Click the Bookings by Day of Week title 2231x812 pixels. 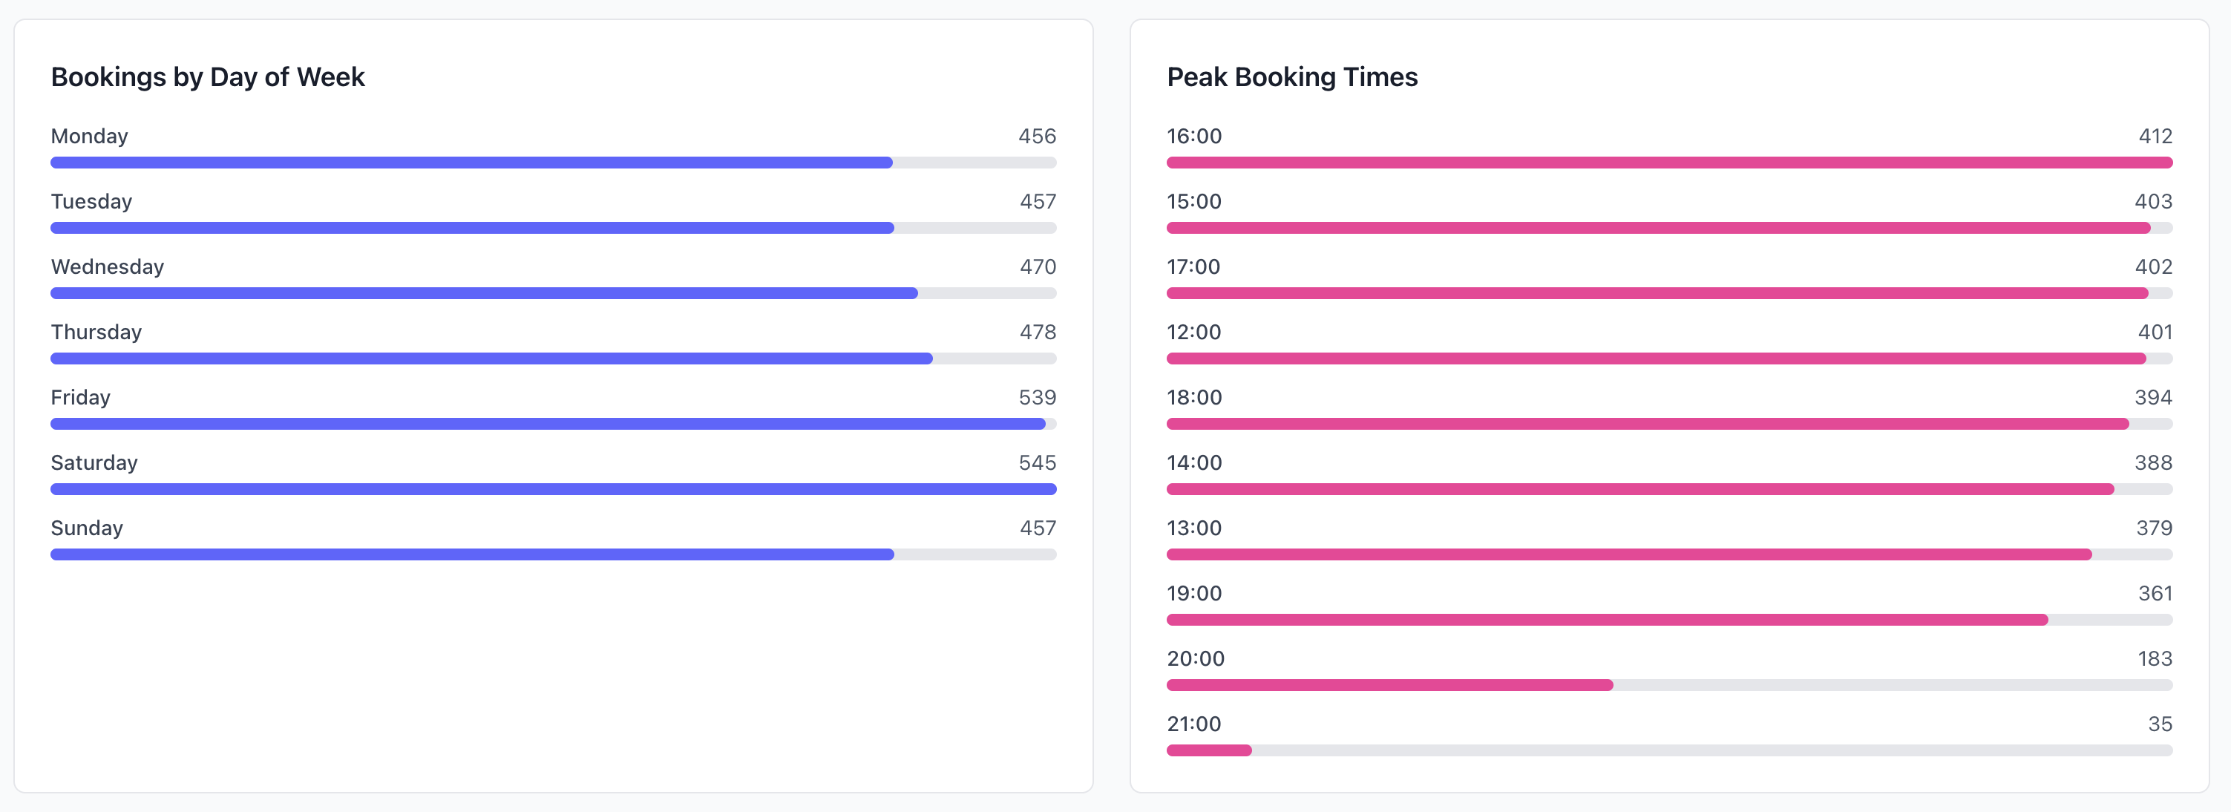point(208,77)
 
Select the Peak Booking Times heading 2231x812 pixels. point(1291,77)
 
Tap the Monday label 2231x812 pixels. point(89,136)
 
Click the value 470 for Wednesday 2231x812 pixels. point(1037,266)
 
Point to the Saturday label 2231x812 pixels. point(94,462)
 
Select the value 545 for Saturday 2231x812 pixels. point(1037,462)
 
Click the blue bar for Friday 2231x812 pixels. point(547,423)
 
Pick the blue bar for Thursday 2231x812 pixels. point(491,358)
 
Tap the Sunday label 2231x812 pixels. point(87,528)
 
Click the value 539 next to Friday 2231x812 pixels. point(1037,397)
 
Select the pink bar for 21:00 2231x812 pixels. point(1208,750)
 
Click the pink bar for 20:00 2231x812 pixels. point(1389,685)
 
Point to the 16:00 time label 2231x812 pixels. point(1193,136)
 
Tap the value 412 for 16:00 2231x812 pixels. point(2155,136)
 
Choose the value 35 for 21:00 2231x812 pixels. point(2159,724)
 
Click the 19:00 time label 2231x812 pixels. point(1193,593)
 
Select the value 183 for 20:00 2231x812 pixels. point(2154,659)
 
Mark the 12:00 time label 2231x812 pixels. point(1193,332)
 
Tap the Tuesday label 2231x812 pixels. point(91,202)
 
